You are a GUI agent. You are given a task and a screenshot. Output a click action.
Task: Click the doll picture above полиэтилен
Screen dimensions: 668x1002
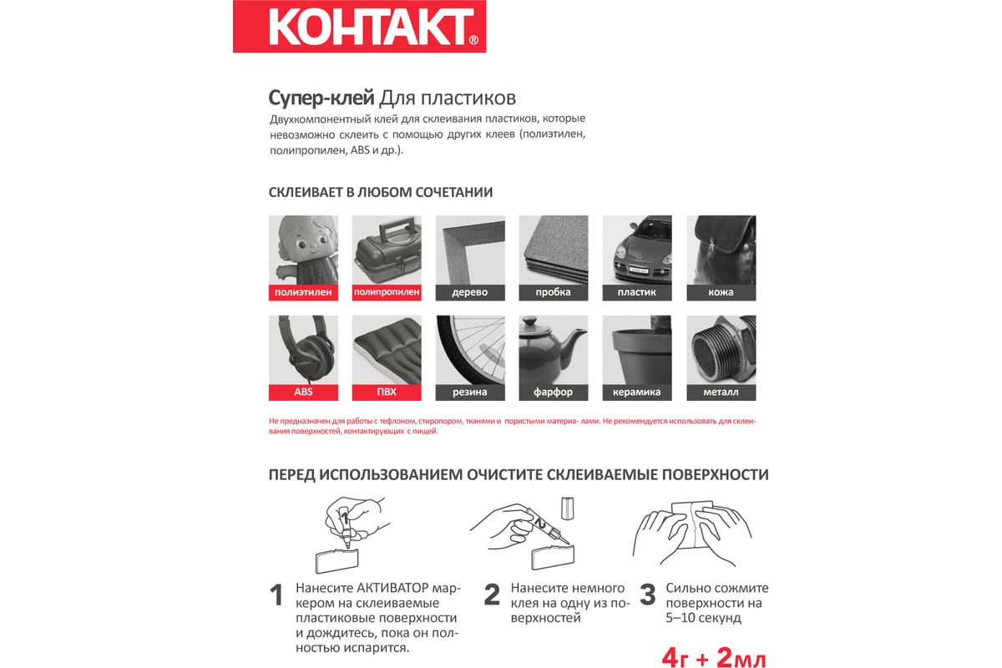coord(303,250)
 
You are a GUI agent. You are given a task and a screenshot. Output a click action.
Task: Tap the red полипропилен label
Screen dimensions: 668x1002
coord(387,292)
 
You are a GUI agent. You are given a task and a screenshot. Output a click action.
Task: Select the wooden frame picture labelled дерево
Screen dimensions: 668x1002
coord(470,250)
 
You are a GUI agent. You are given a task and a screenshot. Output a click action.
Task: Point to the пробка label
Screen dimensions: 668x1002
coord(554,292)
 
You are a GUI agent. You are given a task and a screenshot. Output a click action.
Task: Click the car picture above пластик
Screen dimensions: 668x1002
coord(637,250)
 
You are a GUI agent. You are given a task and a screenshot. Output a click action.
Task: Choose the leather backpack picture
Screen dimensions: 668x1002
coord(721,250)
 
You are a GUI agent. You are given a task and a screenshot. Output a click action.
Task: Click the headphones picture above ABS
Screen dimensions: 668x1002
coord(303,349)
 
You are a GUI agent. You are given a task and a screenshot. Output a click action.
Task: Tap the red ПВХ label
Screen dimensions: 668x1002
coord(387,392)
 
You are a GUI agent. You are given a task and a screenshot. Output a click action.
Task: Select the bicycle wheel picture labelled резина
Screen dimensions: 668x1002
coord(470,349)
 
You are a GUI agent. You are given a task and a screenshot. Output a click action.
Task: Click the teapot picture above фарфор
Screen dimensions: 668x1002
coord(554,349)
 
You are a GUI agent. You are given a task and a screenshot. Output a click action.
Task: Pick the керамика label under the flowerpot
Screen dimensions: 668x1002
coord(637,392)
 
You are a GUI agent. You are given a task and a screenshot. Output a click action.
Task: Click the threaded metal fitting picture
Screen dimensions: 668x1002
coord(721,349)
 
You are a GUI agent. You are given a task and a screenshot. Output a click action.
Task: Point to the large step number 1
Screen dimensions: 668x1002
coord(276,596)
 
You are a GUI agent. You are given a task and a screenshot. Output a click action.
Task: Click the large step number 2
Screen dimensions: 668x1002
coord(492,595)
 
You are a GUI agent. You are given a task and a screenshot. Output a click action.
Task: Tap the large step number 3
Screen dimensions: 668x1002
coord(647,595)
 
